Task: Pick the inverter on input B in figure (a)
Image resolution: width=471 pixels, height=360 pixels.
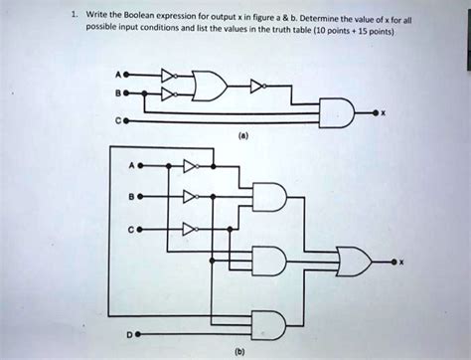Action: point(171,96)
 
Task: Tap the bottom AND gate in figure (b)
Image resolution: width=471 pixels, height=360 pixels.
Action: point(271,323)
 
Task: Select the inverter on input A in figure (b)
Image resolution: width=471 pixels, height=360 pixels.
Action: point(192,165)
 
